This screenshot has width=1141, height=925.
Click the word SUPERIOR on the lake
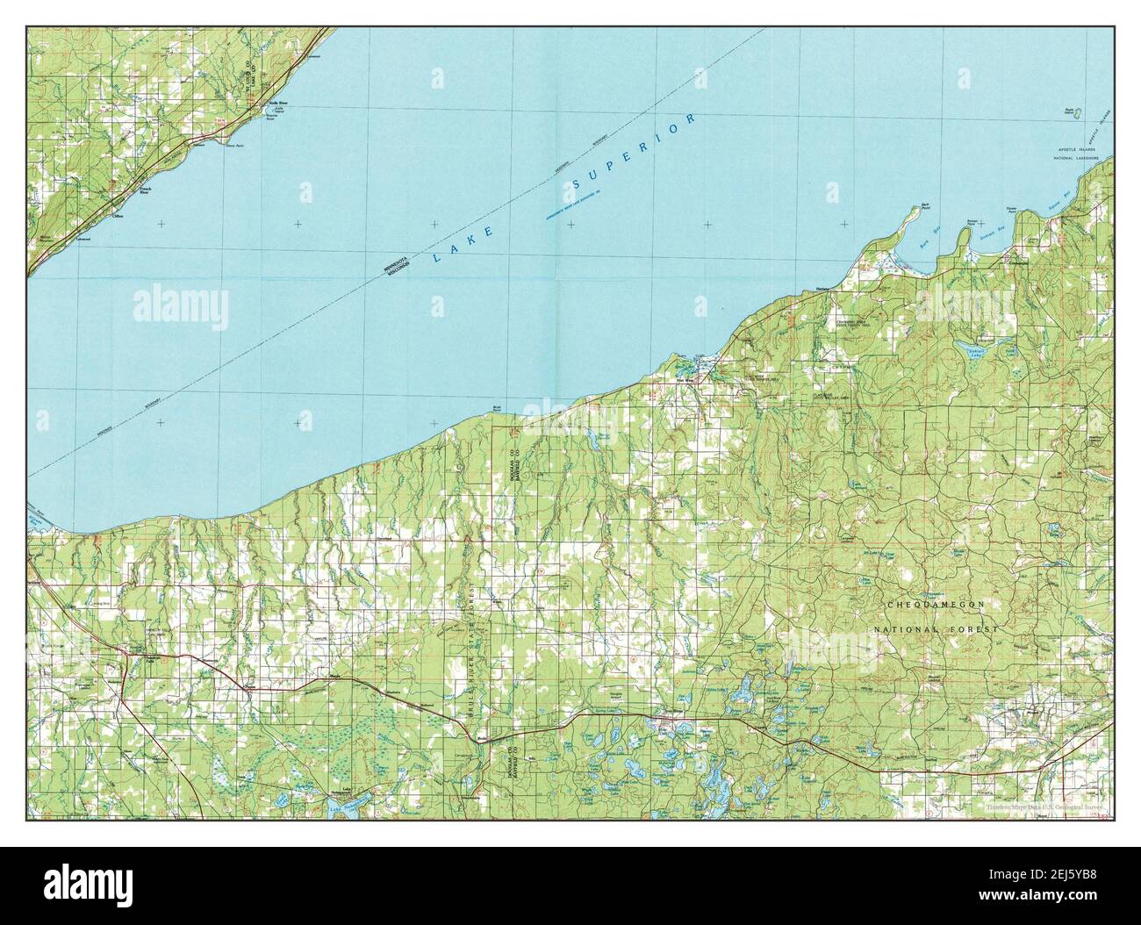633,153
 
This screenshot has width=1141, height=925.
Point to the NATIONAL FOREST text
936,631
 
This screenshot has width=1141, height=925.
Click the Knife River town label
277,103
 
